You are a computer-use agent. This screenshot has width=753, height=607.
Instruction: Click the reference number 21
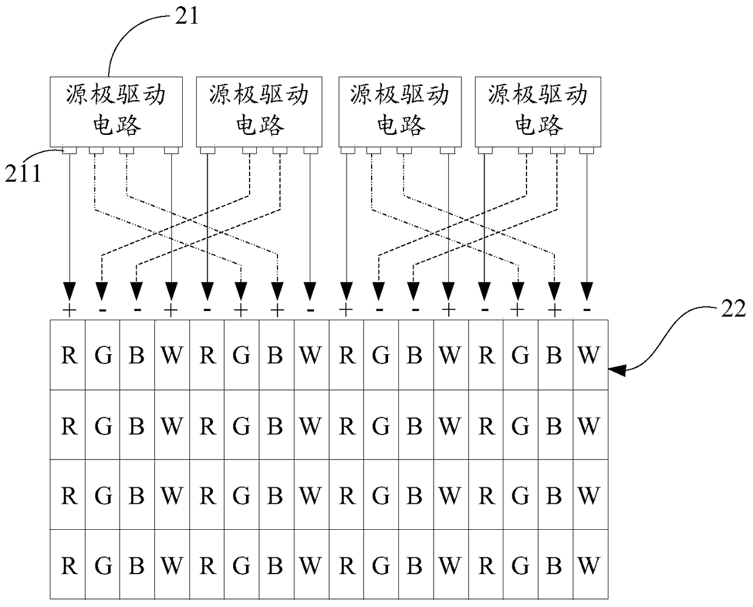[x=186, y=16]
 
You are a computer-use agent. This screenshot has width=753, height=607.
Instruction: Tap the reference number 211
[x=23, y=173]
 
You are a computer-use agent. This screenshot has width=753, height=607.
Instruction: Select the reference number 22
[x=734, y=309]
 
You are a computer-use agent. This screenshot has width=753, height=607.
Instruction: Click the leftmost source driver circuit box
[x=116, y=112]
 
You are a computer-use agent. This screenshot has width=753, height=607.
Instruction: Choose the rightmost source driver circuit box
[x=538, y=112]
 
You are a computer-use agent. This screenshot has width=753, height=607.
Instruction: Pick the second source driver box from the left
[x=259, y=112]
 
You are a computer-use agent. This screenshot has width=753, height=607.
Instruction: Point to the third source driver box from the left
[x=400, y=112]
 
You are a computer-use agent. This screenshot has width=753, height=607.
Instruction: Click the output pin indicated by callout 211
[x=69, y=151]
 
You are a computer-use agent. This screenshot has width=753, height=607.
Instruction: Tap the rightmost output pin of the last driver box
[x=587, y=151]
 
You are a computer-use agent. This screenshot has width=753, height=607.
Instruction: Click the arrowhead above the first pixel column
[x=69, y=291]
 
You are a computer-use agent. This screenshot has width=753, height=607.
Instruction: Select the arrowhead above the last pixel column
[x=587, y=291]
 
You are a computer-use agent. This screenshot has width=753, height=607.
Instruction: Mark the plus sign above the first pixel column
[x=69, y=310]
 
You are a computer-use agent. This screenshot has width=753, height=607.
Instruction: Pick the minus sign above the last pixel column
[x=587, y=309]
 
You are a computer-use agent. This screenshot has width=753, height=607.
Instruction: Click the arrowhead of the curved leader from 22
[x=616, y=369]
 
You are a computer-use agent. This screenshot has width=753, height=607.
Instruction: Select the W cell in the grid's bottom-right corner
[x=591, y=564]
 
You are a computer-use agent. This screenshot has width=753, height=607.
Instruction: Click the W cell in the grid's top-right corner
[x=591, y=355]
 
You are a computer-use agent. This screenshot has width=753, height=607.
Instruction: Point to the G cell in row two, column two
[x=103, y=425]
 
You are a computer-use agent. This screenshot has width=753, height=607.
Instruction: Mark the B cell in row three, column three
[x=137, y=495]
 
